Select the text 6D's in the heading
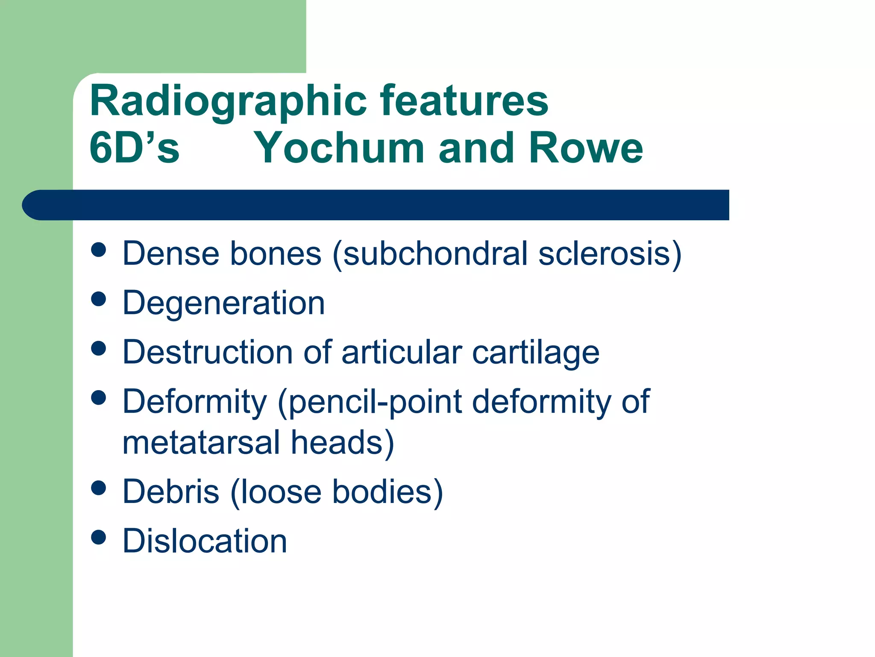click(134, 148)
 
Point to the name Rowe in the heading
click(586, 148)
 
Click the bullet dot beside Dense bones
click(99, 250)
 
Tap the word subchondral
click(436, 254)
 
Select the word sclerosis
click(604, 254)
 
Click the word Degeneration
click(223, 303)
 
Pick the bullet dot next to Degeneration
click(99, 299)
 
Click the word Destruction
click(208, 352)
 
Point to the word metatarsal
click(201, 443)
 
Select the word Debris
click(171, 491)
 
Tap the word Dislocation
click(205, 541)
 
